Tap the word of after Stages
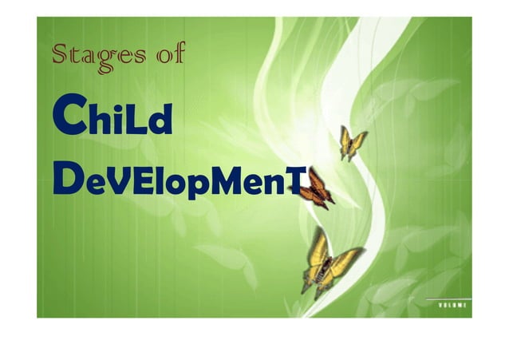[170, 56]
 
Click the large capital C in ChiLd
[66, 119]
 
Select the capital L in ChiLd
[132, 122]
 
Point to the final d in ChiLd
[158, 122]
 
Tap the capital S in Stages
[60, 55]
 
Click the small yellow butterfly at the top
[352, 142]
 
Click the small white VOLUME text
[453, 305]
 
